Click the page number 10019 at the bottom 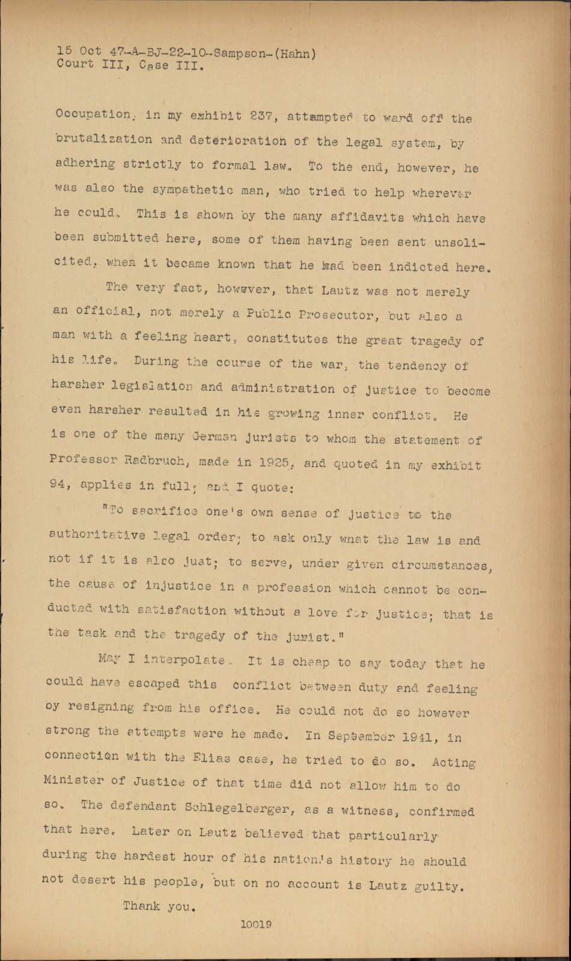click(x=255, y=925)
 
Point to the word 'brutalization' click(x=103, y=139)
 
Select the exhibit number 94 click(x=57, y=485)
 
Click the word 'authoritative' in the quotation click(x=96, y=536)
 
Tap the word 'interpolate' click(x=175, y=659)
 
